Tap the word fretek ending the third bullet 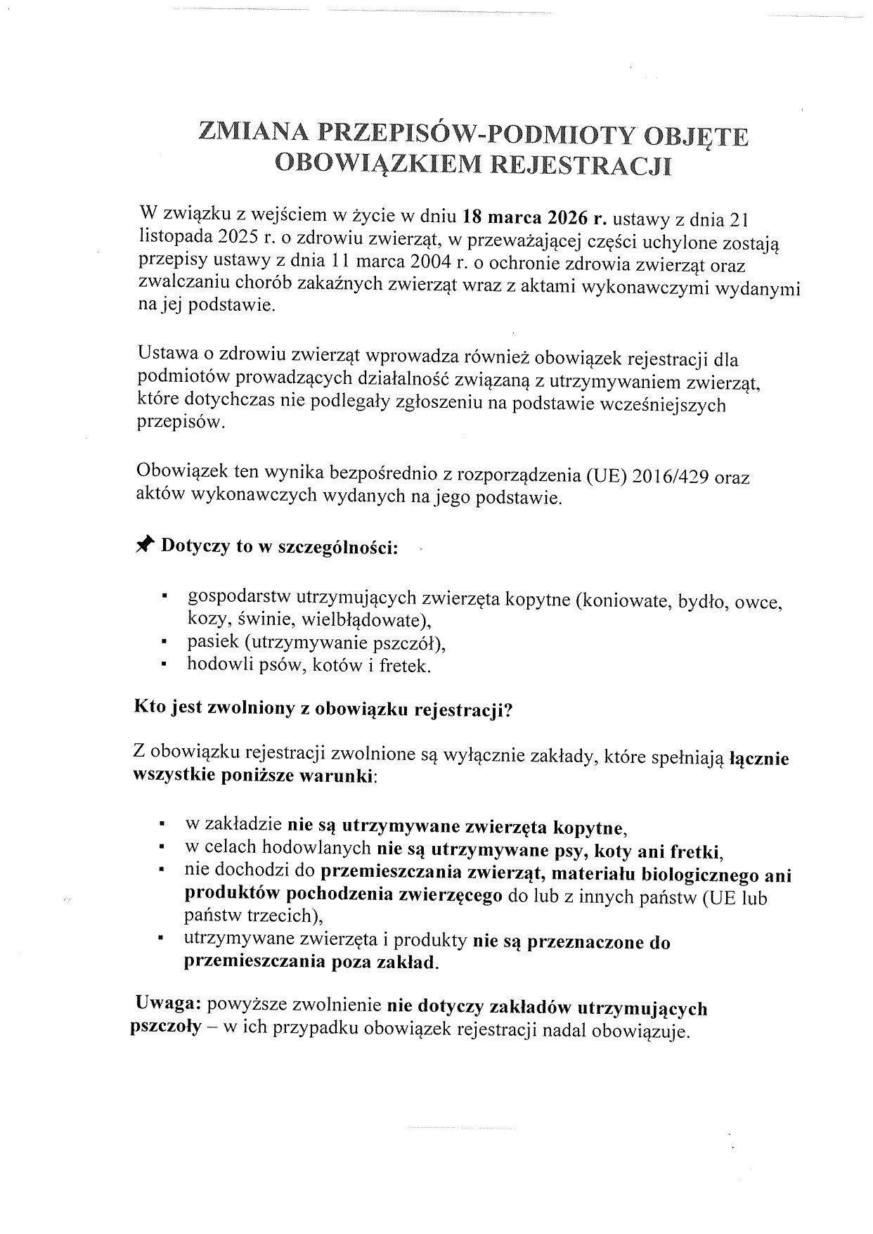pos(404,665)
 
